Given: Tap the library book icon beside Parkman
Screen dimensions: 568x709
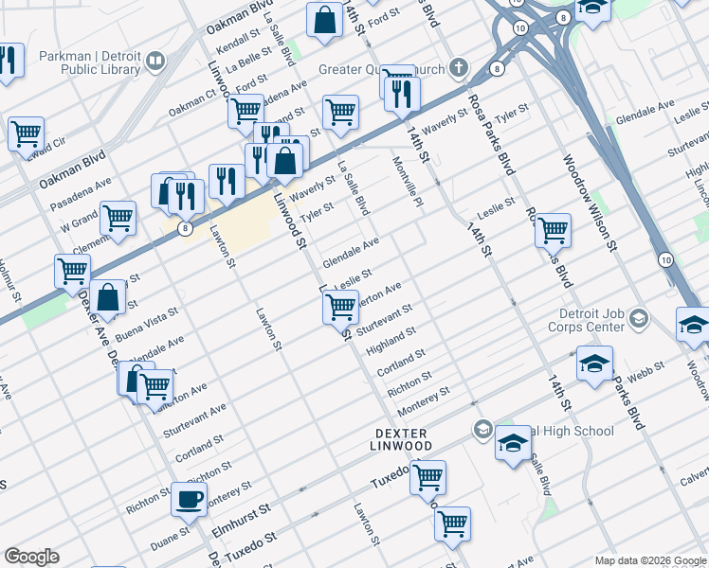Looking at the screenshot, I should (x=154, y=62).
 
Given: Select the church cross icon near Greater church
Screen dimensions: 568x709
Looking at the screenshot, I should (x=459, y=66).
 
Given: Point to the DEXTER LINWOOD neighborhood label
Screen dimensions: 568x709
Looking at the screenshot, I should (x=400, y=438).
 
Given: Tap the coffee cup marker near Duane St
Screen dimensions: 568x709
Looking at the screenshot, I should (x=189, y=499).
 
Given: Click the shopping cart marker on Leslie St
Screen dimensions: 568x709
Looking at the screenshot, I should (x=339, y=305).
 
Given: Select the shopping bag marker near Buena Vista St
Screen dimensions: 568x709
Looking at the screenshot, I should (x=110, y=295).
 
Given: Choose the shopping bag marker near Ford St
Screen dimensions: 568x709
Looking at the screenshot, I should (x=324, y=20).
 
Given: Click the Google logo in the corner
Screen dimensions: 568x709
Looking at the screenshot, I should (x=32, y=557).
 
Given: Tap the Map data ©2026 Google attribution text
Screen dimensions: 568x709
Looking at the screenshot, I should (x=649, y=560).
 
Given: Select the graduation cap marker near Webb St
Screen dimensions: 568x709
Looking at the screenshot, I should (x=594, y=364).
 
